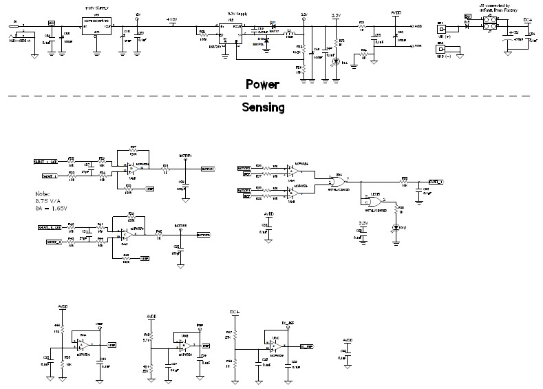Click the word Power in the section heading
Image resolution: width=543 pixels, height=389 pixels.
click(263, 85)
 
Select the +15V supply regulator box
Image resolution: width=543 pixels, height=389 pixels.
click(96, 27)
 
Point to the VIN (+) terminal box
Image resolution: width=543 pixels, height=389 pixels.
click(444, 30)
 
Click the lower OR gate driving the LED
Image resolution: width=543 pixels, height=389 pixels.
click(372, 199)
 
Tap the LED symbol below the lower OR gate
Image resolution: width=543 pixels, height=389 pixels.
click(395, 227)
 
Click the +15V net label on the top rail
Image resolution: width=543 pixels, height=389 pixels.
click(171, 19)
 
